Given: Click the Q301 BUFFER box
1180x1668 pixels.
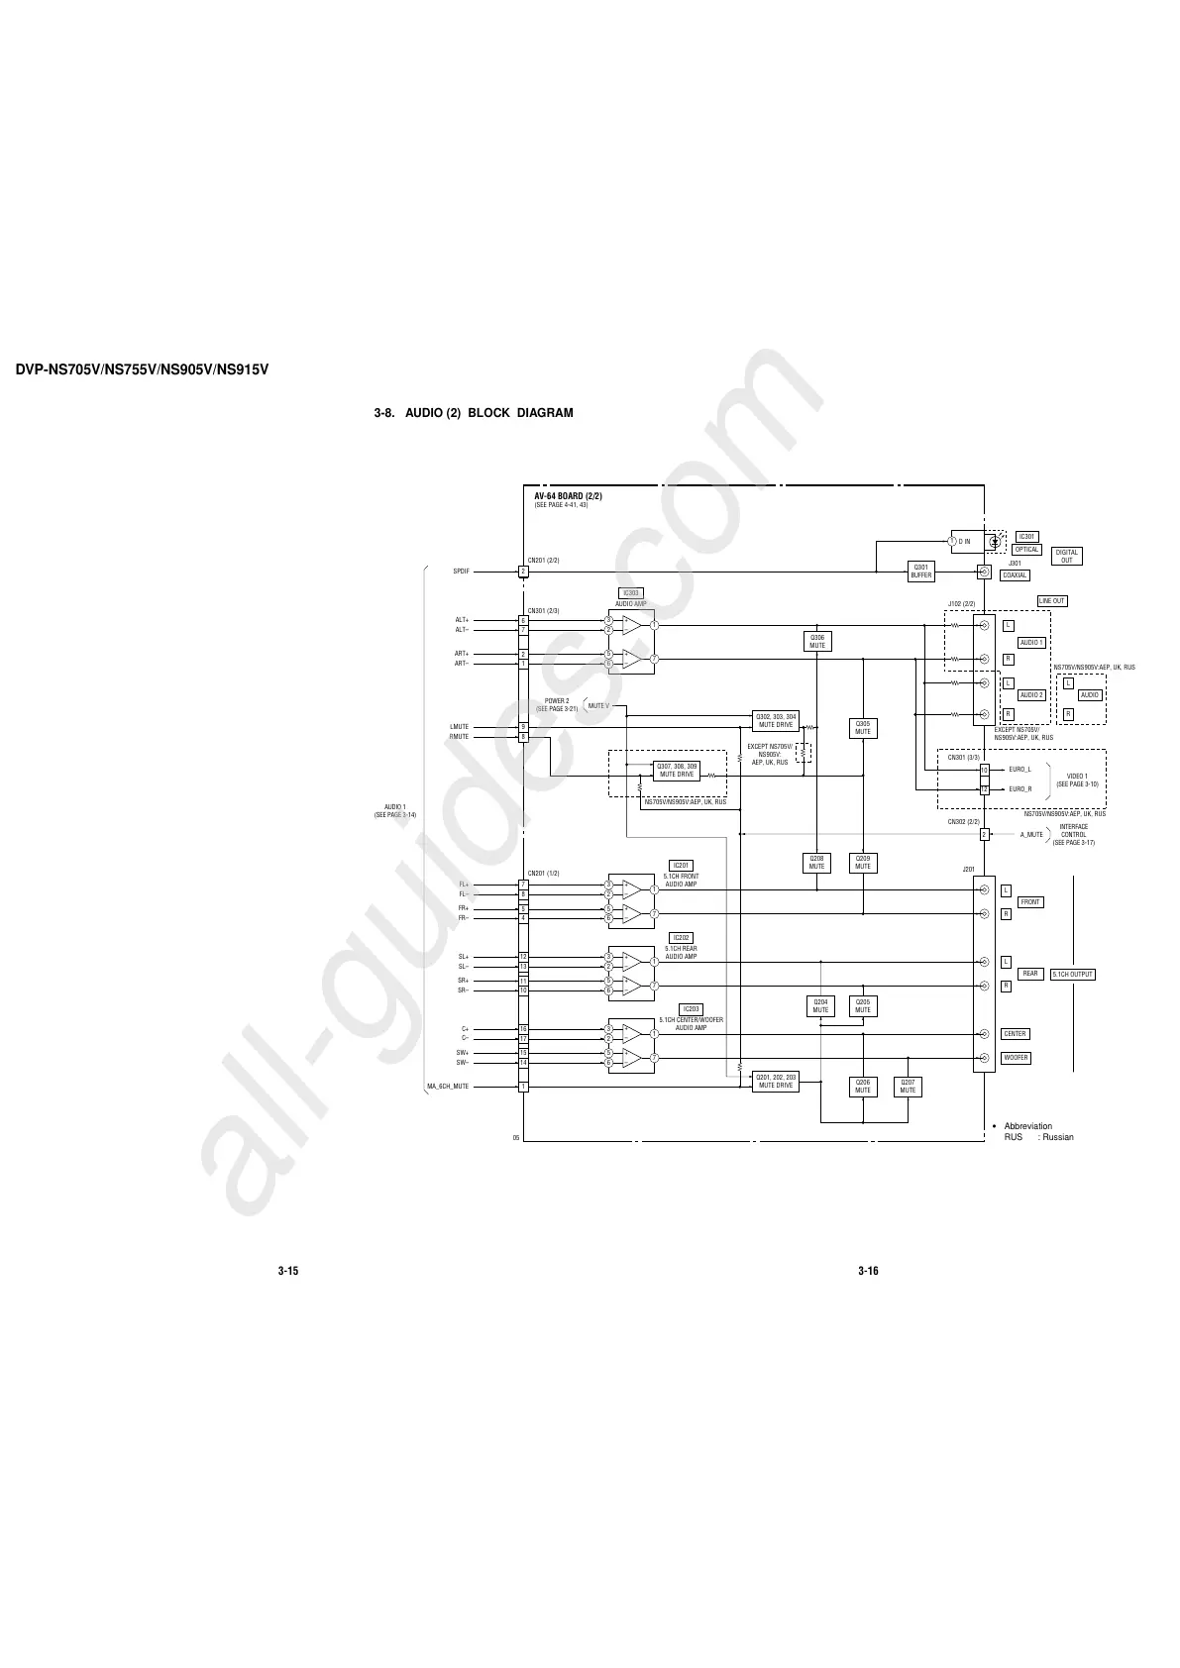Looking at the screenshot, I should coord(921,572).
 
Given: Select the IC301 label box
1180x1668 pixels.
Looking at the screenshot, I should coord(1027,537).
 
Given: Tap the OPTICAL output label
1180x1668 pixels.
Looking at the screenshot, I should coord(1026,550).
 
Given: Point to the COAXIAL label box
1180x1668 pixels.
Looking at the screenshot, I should coord(1015,575).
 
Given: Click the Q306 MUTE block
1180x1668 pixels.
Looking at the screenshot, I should coord(817,642).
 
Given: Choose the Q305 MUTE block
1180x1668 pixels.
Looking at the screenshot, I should coord(863,728).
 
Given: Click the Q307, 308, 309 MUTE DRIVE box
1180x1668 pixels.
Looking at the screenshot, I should coord(677,770).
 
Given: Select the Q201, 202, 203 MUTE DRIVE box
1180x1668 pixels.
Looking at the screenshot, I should coord(776,1081).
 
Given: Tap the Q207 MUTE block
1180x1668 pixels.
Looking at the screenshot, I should coord(908,1087).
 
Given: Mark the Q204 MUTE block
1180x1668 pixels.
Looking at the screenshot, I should coord(820,1006).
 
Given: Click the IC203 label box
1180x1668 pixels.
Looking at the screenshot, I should coord(691,1009).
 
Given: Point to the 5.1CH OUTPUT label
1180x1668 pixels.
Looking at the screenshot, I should coord(1073,975).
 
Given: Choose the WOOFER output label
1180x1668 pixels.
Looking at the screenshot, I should coord(1016,1058).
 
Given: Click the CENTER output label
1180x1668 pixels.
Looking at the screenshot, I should coord(1015,1034).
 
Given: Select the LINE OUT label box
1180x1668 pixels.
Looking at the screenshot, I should coord(1052,601).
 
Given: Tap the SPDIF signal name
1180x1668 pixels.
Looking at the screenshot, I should coord(461,572).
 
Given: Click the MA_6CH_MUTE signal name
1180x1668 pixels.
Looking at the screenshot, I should coord(448,1087).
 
